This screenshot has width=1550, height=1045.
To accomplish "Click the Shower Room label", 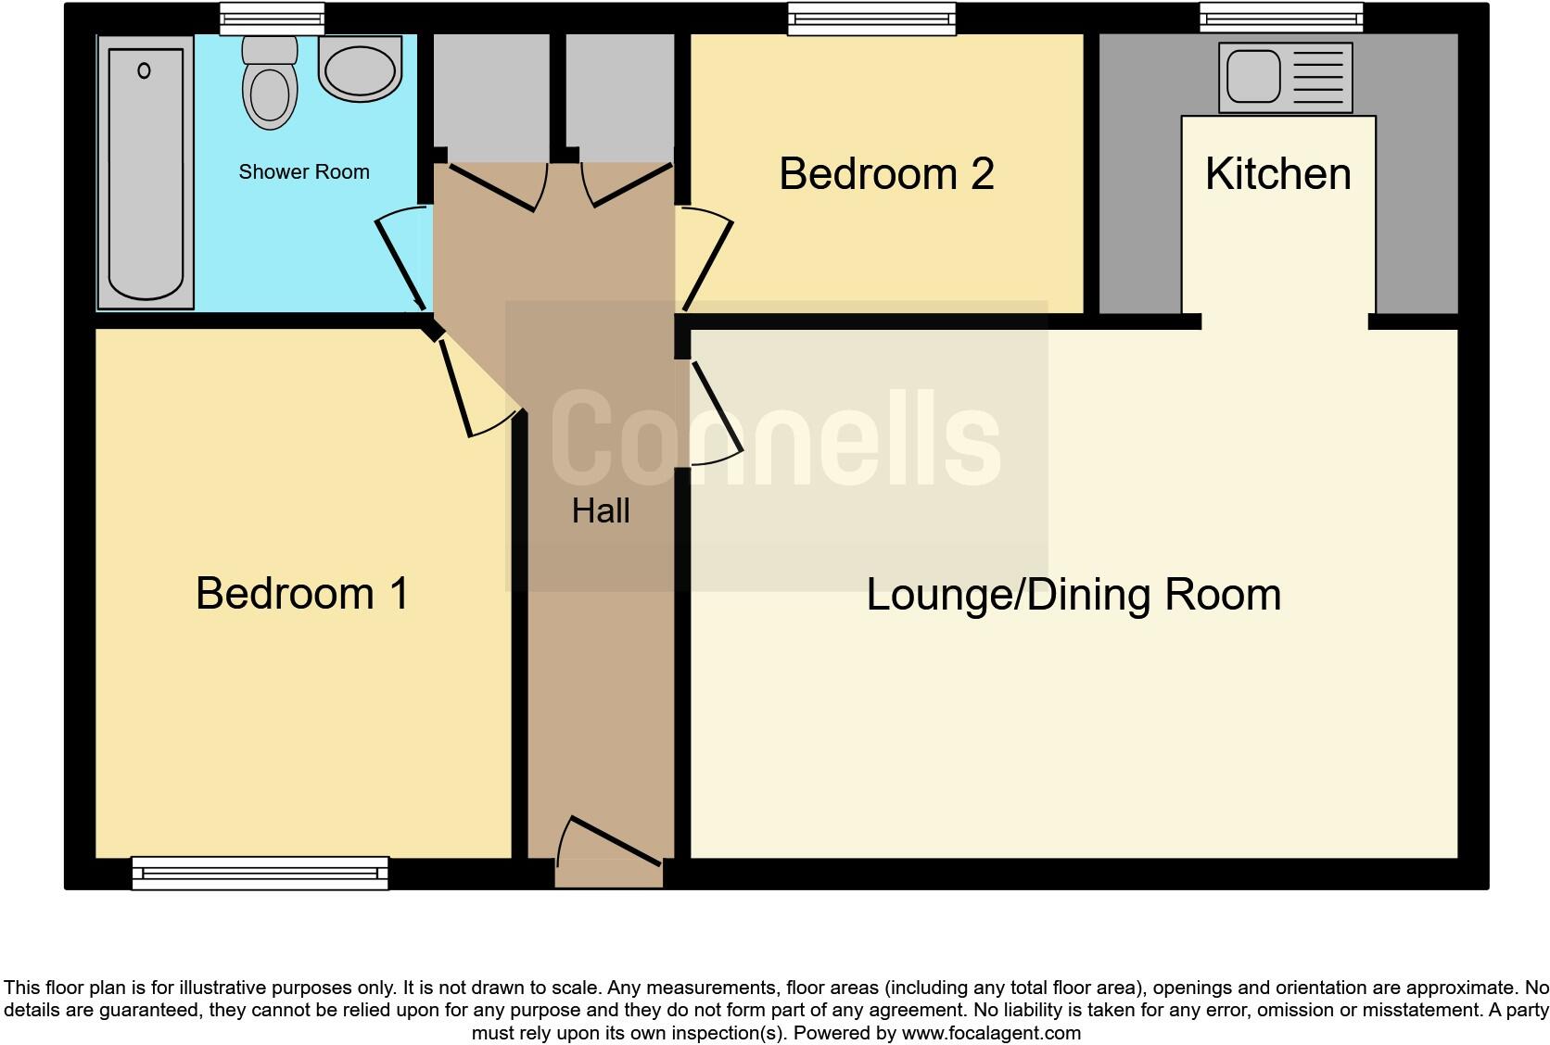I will [304, 172].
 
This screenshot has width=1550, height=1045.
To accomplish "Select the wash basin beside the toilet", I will [360, 69].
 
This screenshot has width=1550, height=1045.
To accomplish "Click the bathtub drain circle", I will [144, 70].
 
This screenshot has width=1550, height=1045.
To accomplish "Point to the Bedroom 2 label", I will [886, 174].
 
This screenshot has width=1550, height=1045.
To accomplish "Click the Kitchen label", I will [1277, 174].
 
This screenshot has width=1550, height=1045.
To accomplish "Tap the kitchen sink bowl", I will [1253, 76].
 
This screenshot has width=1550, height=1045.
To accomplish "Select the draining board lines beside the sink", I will [1317, 77].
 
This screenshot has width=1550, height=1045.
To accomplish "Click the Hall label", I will [601, 511].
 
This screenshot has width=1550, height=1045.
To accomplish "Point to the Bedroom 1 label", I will [302, 594].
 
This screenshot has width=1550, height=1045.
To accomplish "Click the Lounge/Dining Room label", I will [1074, 595].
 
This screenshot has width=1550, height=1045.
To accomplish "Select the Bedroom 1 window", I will [260, 873].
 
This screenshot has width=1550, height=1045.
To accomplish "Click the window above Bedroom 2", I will [871, 19].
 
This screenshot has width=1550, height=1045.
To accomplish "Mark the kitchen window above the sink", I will [1281, 18].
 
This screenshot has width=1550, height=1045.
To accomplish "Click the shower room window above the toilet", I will [273, 18].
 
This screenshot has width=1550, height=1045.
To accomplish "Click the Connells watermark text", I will [775, 437].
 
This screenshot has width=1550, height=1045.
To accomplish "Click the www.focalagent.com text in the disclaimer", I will [990, 1033].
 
